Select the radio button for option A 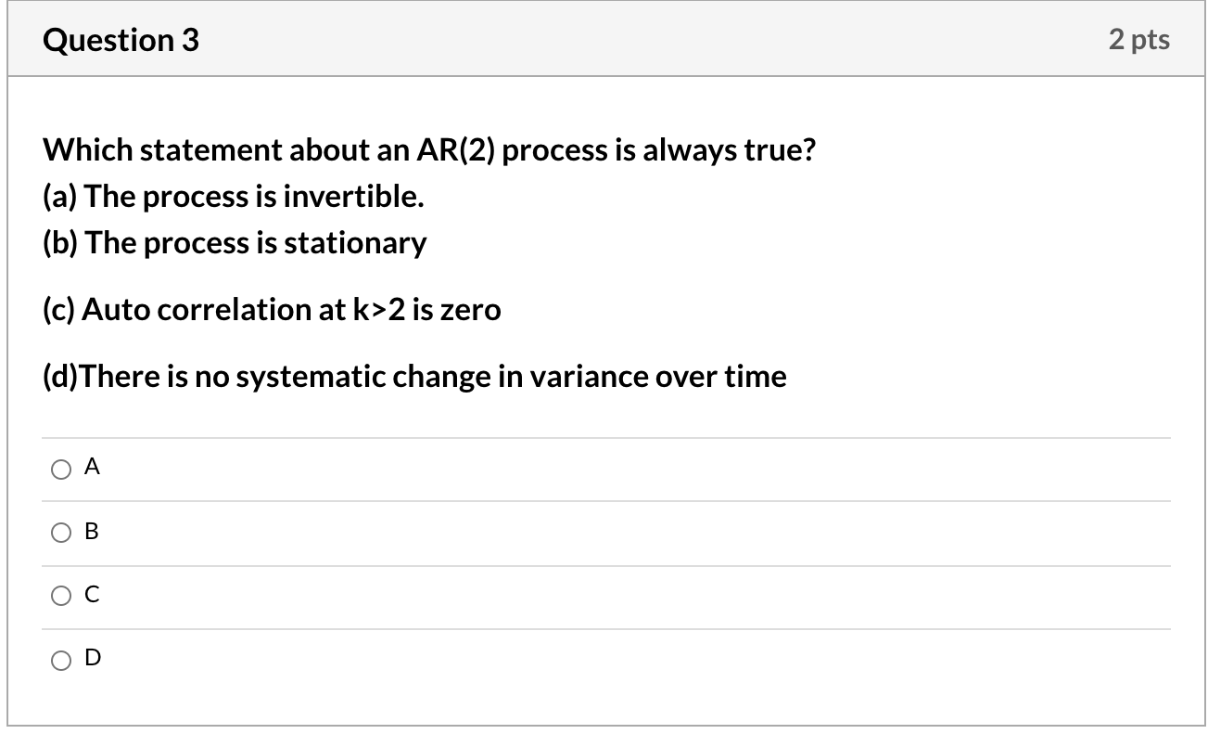pos(60,470)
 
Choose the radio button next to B pos(60,534)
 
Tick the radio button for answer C pos(60,597)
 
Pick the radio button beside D pos(60,660)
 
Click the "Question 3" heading pos(121,40)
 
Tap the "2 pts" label pos(1138,40)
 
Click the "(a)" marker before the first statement pos(60,197)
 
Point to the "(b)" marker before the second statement pos(60,243)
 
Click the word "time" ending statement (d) pos(759,377)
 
